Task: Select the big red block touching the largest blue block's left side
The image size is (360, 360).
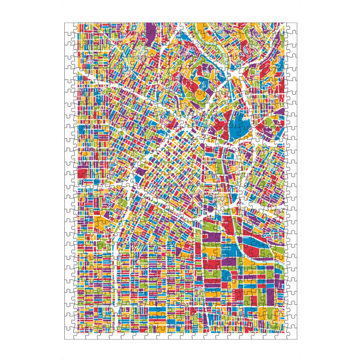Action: pyautogui.click(x=221, y=128)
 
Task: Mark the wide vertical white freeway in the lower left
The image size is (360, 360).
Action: pyautogui.click(x=115, y=282)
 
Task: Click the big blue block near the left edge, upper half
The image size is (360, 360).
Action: pyautogui.click(x=85, y=130)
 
